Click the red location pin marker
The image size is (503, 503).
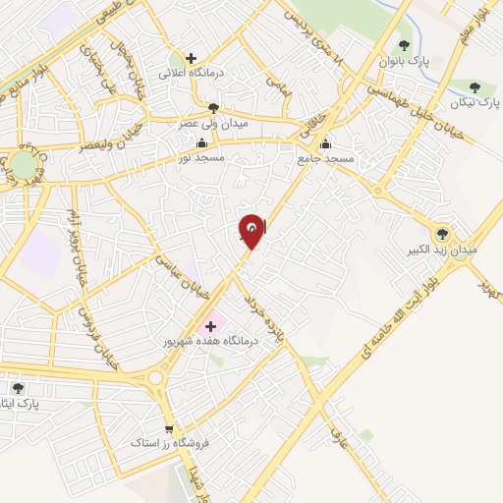(251, 230)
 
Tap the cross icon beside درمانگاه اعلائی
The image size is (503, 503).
(192, 58)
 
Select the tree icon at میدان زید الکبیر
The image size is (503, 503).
(443, 234)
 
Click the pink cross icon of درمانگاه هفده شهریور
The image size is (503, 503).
(210, 325)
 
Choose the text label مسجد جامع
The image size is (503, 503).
(326, 157)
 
